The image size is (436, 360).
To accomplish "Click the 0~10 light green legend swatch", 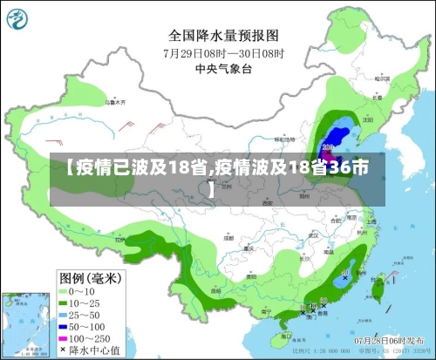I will click(x=64, y=292).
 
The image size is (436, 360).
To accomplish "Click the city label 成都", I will click(x=228, y=236).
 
